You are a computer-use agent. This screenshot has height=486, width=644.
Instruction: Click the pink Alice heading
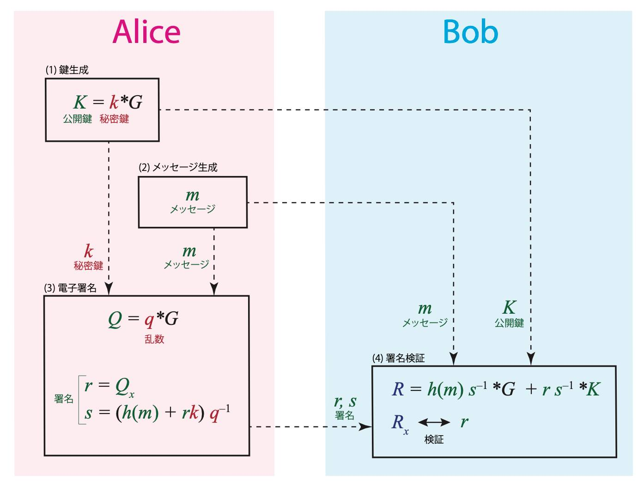146,32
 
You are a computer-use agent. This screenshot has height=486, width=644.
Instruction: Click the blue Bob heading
470,32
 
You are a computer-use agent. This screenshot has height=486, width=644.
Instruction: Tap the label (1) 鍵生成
67,70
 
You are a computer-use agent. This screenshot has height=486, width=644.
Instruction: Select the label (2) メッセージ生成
178,167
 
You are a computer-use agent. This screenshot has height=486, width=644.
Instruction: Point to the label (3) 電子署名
70,288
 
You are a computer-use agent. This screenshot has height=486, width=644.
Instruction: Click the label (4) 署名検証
398,358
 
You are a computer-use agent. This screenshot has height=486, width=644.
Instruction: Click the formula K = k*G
108,102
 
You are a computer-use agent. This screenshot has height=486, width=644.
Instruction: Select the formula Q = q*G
143,319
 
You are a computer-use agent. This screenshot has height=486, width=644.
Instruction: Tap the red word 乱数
154,339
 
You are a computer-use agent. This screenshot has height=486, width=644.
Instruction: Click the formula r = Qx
109,386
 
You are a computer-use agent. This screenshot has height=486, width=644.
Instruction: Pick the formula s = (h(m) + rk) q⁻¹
157,412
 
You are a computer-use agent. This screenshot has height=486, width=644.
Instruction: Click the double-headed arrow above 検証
434,422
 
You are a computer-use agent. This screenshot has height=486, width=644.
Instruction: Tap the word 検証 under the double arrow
434,439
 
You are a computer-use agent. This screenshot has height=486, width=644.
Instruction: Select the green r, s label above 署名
345,401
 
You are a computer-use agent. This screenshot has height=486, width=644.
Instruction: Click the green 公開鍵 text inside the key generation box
78,119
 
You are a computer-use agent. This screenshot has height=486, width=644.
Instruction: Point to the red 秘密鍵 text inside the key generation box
114,119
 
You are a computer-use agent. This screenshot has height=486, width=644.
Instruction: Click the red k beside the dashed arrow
88,252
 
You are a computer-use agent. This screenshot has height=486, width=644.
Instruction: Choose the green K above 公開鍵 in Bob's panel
509,308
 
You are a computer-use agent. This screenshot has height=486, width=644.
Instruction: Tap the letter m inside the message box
192,195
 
